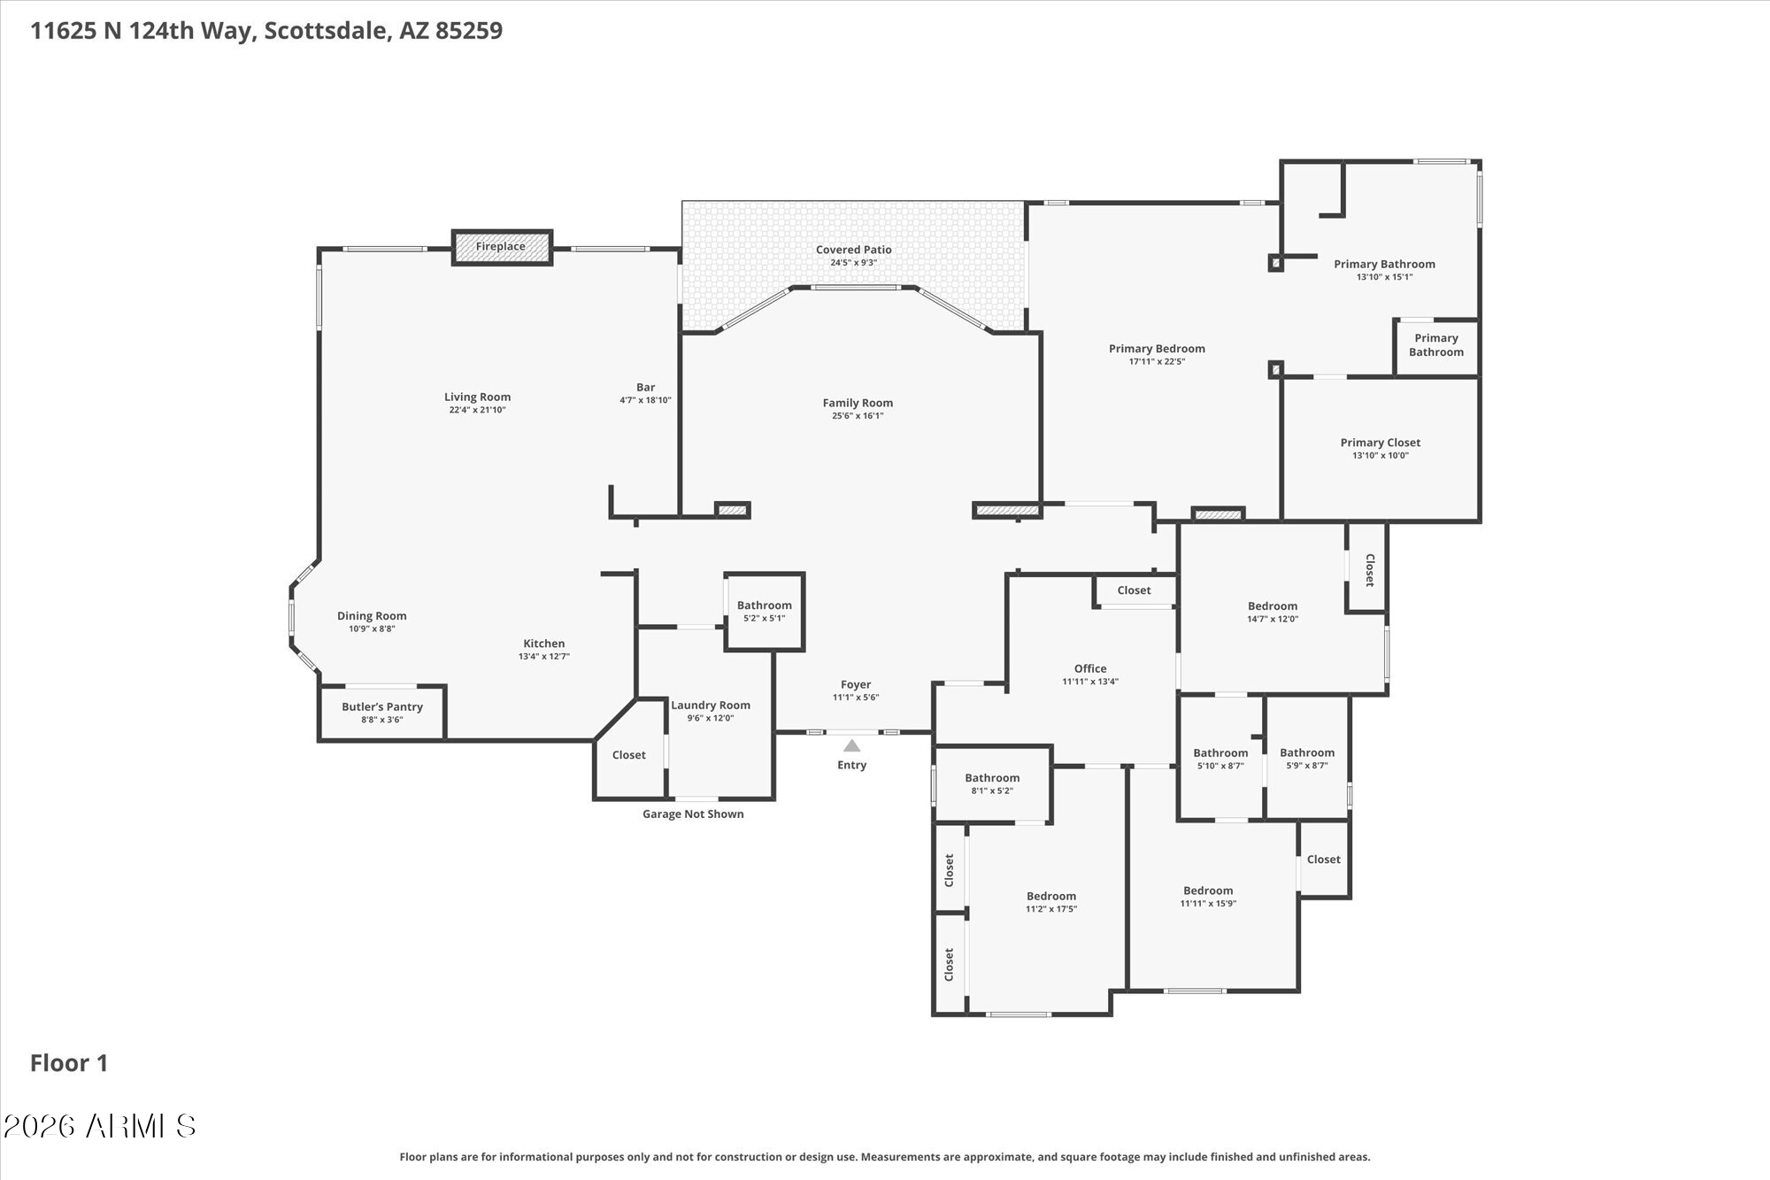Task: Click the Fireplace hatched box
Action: pos(502,247)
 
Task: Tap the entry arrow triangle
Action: pos(851,746)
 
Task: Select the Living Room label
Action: pos(477,397)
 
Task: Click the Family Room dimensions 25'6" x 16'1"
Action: pos(858,416)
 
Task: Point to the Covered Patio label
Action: pos(853,250)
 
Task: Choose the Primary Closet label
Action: pos(1380,443)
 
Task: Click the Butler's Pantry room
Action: pos(382,713)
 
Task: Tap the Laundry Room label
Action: pos(710,706)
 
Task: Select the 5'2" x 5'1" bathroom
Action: pos(764,612)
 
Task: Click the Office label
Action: pos(1089,668)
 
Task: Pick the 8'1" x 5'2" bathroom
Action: pos(992,783)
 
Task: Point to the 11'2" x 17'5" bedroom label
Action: pos(1050,896)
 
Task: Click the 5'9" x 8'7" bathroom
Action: pos(1306,759)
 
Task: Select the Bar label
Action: pos(645,387)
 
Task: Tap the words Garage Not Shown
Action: pos(693,814)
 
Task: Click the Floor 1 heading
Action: pos(69,1063)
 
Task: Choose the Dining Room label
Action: pos(372,616)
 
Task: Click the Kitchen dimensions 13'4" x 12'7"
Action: pos(543,657)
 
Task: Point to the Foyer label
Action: pos(855,684)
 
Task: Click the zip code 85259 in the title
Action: pos(468,31)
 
